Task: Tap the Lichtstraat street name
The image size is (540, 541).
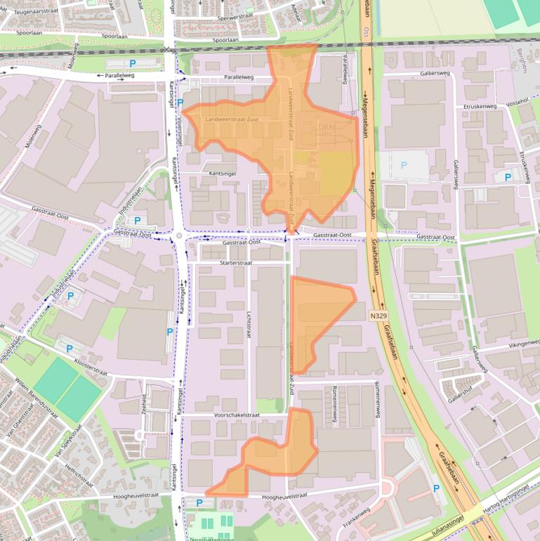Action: coord(249,326)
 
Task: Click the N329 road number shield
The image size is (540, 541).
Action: coord(378,316)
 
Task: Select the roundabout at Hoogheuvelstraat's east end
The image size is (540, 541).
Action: coord(385,489)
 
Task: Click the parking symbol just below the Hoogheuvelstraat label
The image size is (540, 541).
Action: coord(199,502)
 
